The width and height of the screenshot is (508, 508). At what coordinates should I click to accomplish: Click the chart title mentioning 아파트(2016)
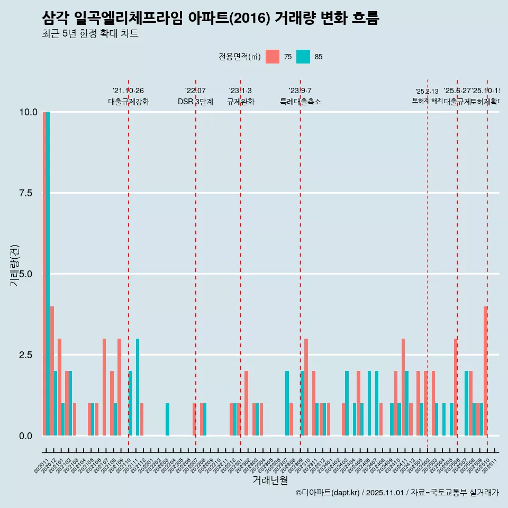pos(210,18)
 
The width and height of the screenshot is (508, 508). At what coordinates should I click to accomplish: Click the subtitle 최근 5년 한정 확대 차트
pos(90,34)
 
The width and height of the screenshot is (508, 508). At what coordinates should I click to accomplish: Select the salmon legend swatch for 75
pos(273,57)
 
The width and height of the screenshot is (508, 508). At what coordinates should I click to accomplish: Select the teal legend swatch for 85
pos(303,57)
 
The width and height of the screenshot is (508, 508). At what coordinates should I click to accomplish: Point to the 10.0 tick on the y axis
pos(24,112)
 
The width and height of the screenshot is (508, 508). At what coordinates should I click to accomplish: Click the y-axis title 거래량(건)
pos(15,265)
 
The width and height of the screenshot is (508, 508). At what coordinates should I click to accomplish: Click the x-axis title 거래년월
pos(270,480)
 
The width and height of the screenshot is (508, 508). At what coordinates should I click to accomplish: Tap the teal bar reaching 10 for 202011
pos(48,274)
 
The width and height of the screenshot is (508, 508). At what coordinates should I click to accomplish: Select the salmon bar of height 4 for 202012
pos(52,370)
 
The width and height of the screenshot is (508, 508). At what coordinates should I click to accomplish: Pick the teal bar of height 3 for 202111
pos(138,387)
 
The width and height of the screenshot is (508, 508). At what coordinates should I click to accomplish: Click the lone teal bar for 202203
pos(168,420)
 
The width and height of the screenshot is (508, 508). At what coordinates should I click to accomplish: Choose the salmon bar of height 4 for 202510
pos(485,370)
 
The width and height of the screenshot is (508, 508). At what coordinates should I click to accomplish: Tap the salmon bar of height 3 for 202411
pos(403,387)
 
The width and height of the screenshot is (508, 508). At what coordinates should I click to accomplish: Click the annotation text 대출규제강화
pos(129,102)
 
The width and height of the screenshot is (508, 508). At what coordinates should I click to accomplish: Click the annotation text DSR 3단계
pos(195,102)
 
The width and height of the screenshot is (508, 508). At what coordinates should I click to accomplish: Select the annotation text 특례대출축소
pos(301,102)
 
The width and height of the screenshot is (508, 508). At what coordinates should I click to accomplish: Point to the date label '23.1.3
pos(240,90)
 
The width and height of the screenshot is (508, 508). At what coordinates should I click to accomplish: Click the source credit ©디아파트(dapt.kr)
pos(328,493)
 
